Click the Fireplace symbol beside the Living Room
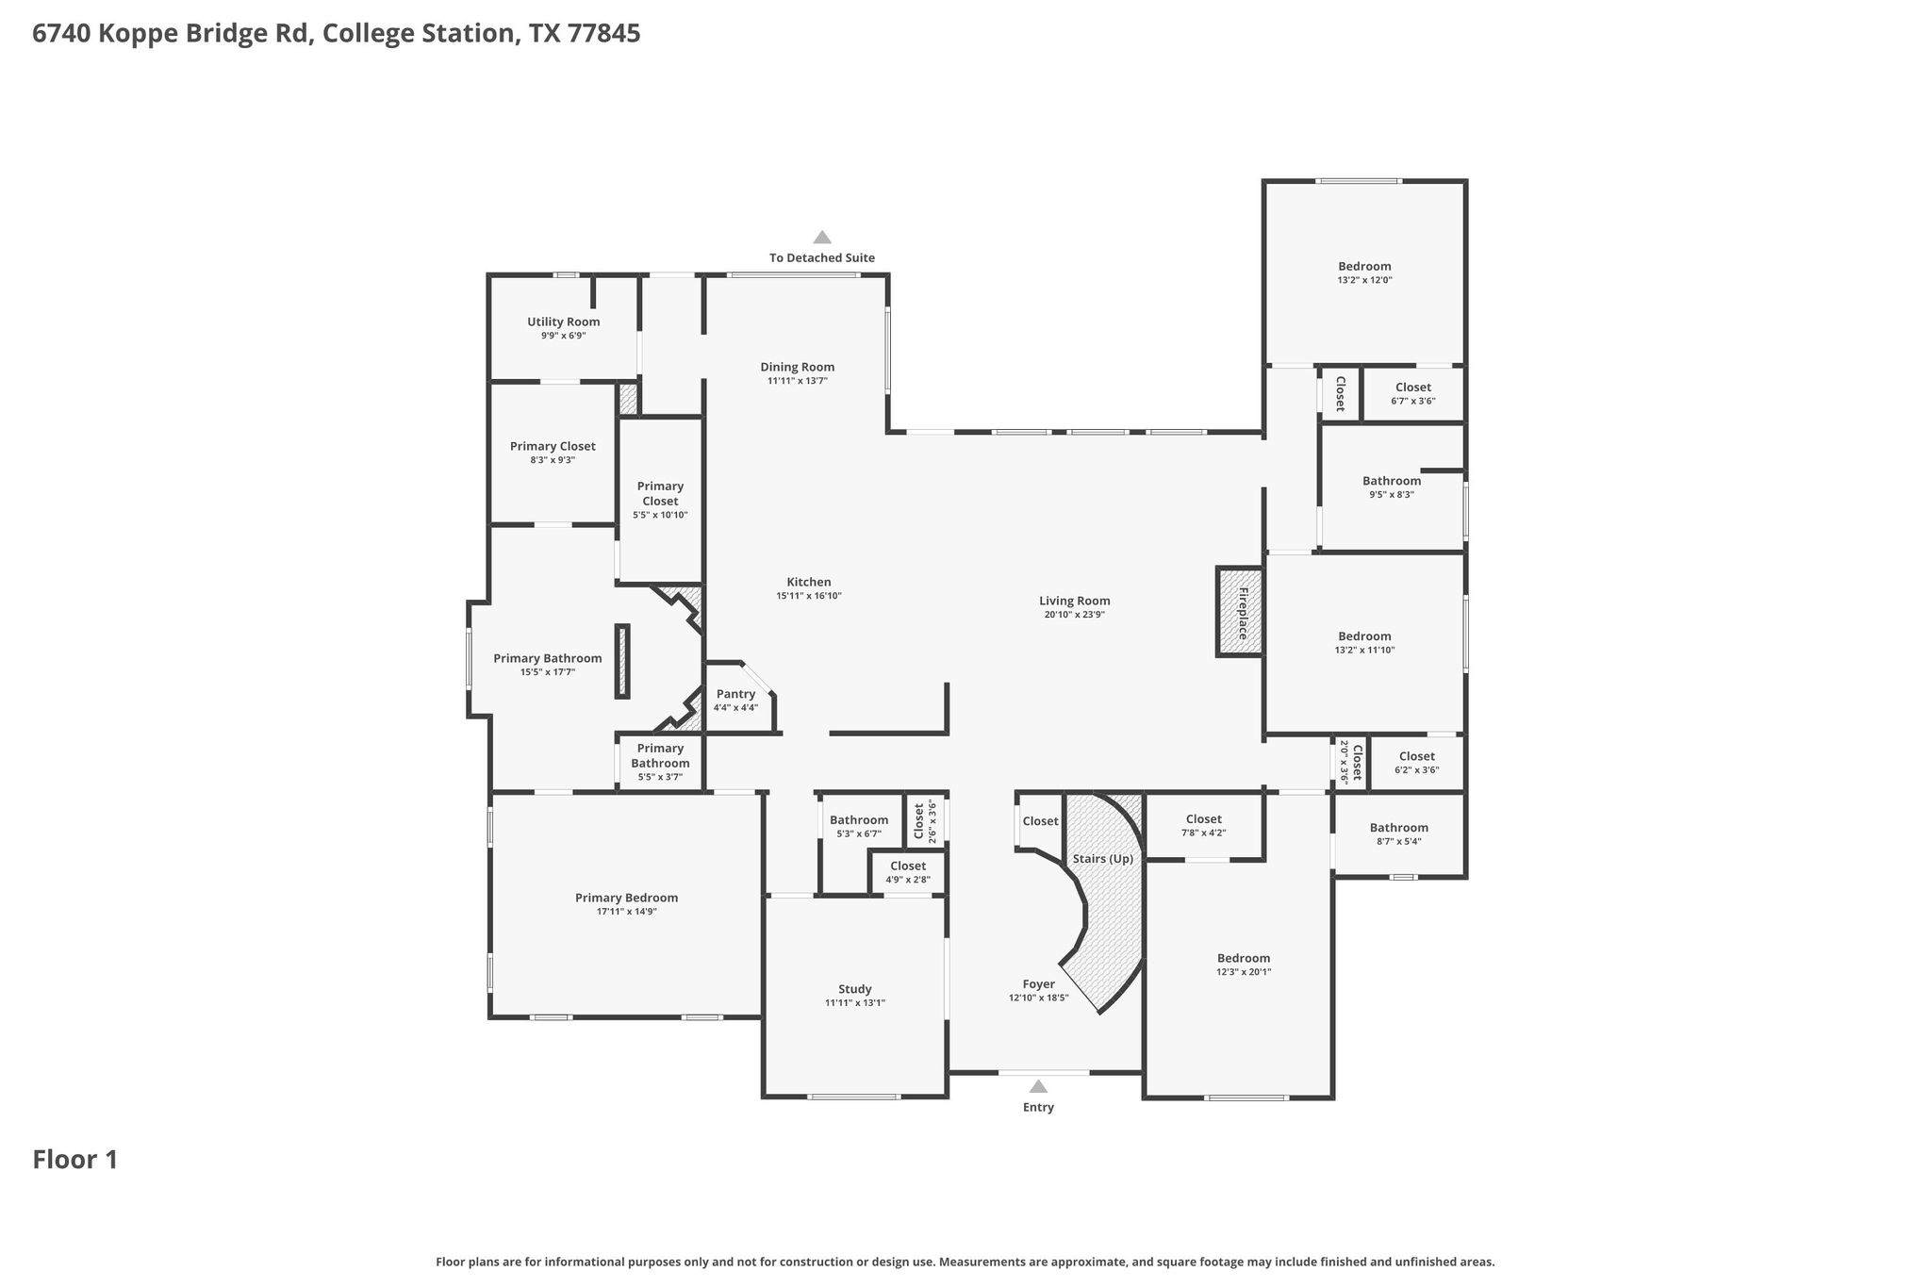[1240, 611]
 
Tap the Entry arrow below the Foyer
[1038, 1086]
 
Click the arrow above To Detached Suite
[822, 238]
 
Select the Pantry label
[735, 694]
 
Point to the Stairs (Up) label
[1103, 859]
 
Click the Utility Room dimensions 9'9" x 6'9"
[564, 336]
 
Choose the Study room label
[855, 989]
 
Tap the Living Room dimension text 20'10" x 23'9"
[1075, 615]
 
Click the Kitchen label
[809, 582]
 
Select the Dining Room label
[798, 367]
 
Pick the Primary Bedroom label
[627, 898]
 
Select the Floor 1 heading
[75, 1160]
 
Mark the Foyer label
[1039, 984]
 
